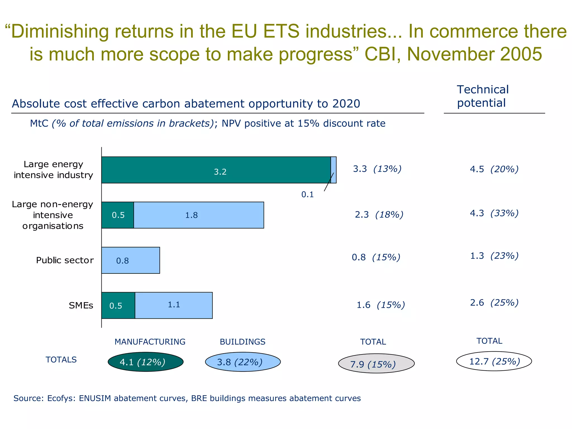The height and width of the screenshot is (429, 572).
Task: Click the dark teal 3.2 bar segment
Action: pos(216,170)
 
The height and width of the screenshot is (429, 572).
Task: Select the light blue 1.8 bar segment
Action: pos(199,215)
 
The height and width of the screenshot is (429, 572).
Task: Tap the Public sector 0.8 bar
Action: pos(131,260)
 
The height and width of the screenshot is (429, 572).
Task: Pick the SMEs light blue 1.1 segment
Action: pos(173,305)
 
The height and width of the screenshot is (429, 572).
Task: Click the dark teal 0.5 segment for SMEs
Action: pos(118,305)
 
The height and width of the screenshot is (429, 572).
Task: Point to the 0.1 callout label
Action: pos(308,194)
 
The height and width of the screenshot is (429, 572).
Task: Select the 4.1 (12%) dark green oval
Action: pos(146,362)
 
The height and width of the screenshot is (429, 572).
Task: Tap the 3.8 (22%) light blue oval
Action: pos(243,362)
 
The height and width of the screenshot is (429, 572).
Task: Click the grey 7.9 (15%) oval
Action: pos(376,364)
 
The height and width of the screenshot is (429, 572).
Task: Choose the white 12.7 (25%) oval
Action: pos(494,361)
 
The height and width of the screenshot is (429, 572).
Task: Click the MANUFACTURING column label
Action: pos(150,342)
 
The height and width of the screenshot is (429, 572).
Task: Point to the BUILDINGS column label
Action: pos(242,342)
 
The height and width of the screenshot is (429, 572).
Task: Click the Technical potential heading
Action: pos(483,96)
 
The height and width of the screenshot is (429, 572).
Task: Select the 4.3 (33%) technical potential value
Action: pos(494,213)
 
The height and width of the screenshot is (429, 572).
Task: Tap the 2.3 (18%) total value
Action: pos(379,214)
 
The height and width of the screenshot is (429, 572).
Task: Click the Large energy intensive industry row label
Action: pos(53,170)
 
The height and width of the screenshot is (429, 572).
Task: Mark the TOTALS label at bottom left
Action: pos(61,360)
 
